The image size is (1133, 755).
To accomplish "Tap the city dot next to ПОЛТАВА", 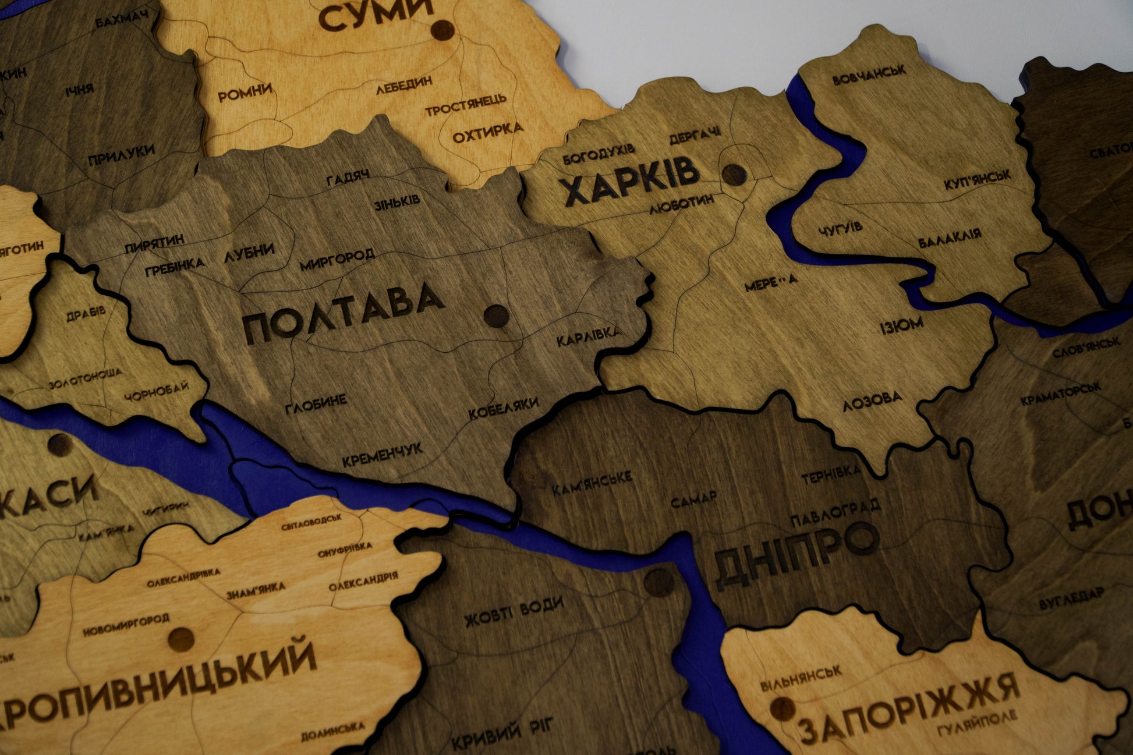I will coord(496,316).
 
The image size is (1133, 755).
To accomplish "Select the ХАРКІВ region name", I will coord(631,181).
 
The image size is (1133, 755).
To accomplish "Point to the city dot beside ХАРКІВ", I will coord(734,173).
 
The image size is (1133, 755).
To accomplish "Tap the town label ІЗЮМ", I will coord(901,325).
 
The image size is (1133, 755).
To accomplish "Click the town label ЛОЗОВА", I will coord(872,400).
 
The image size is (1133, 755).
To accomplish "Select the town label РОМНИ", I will coord(245,92).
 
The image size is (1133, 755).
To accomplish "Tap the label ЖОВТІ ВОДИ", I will coord(514,611).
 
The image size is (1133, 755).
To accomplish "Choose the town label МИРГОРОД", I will coord(337,260).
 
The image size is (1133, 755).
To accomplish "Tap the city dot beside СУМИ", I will coord(442,29).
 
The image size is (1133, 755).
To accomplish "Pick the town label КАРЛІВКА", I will coord(589,336).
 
